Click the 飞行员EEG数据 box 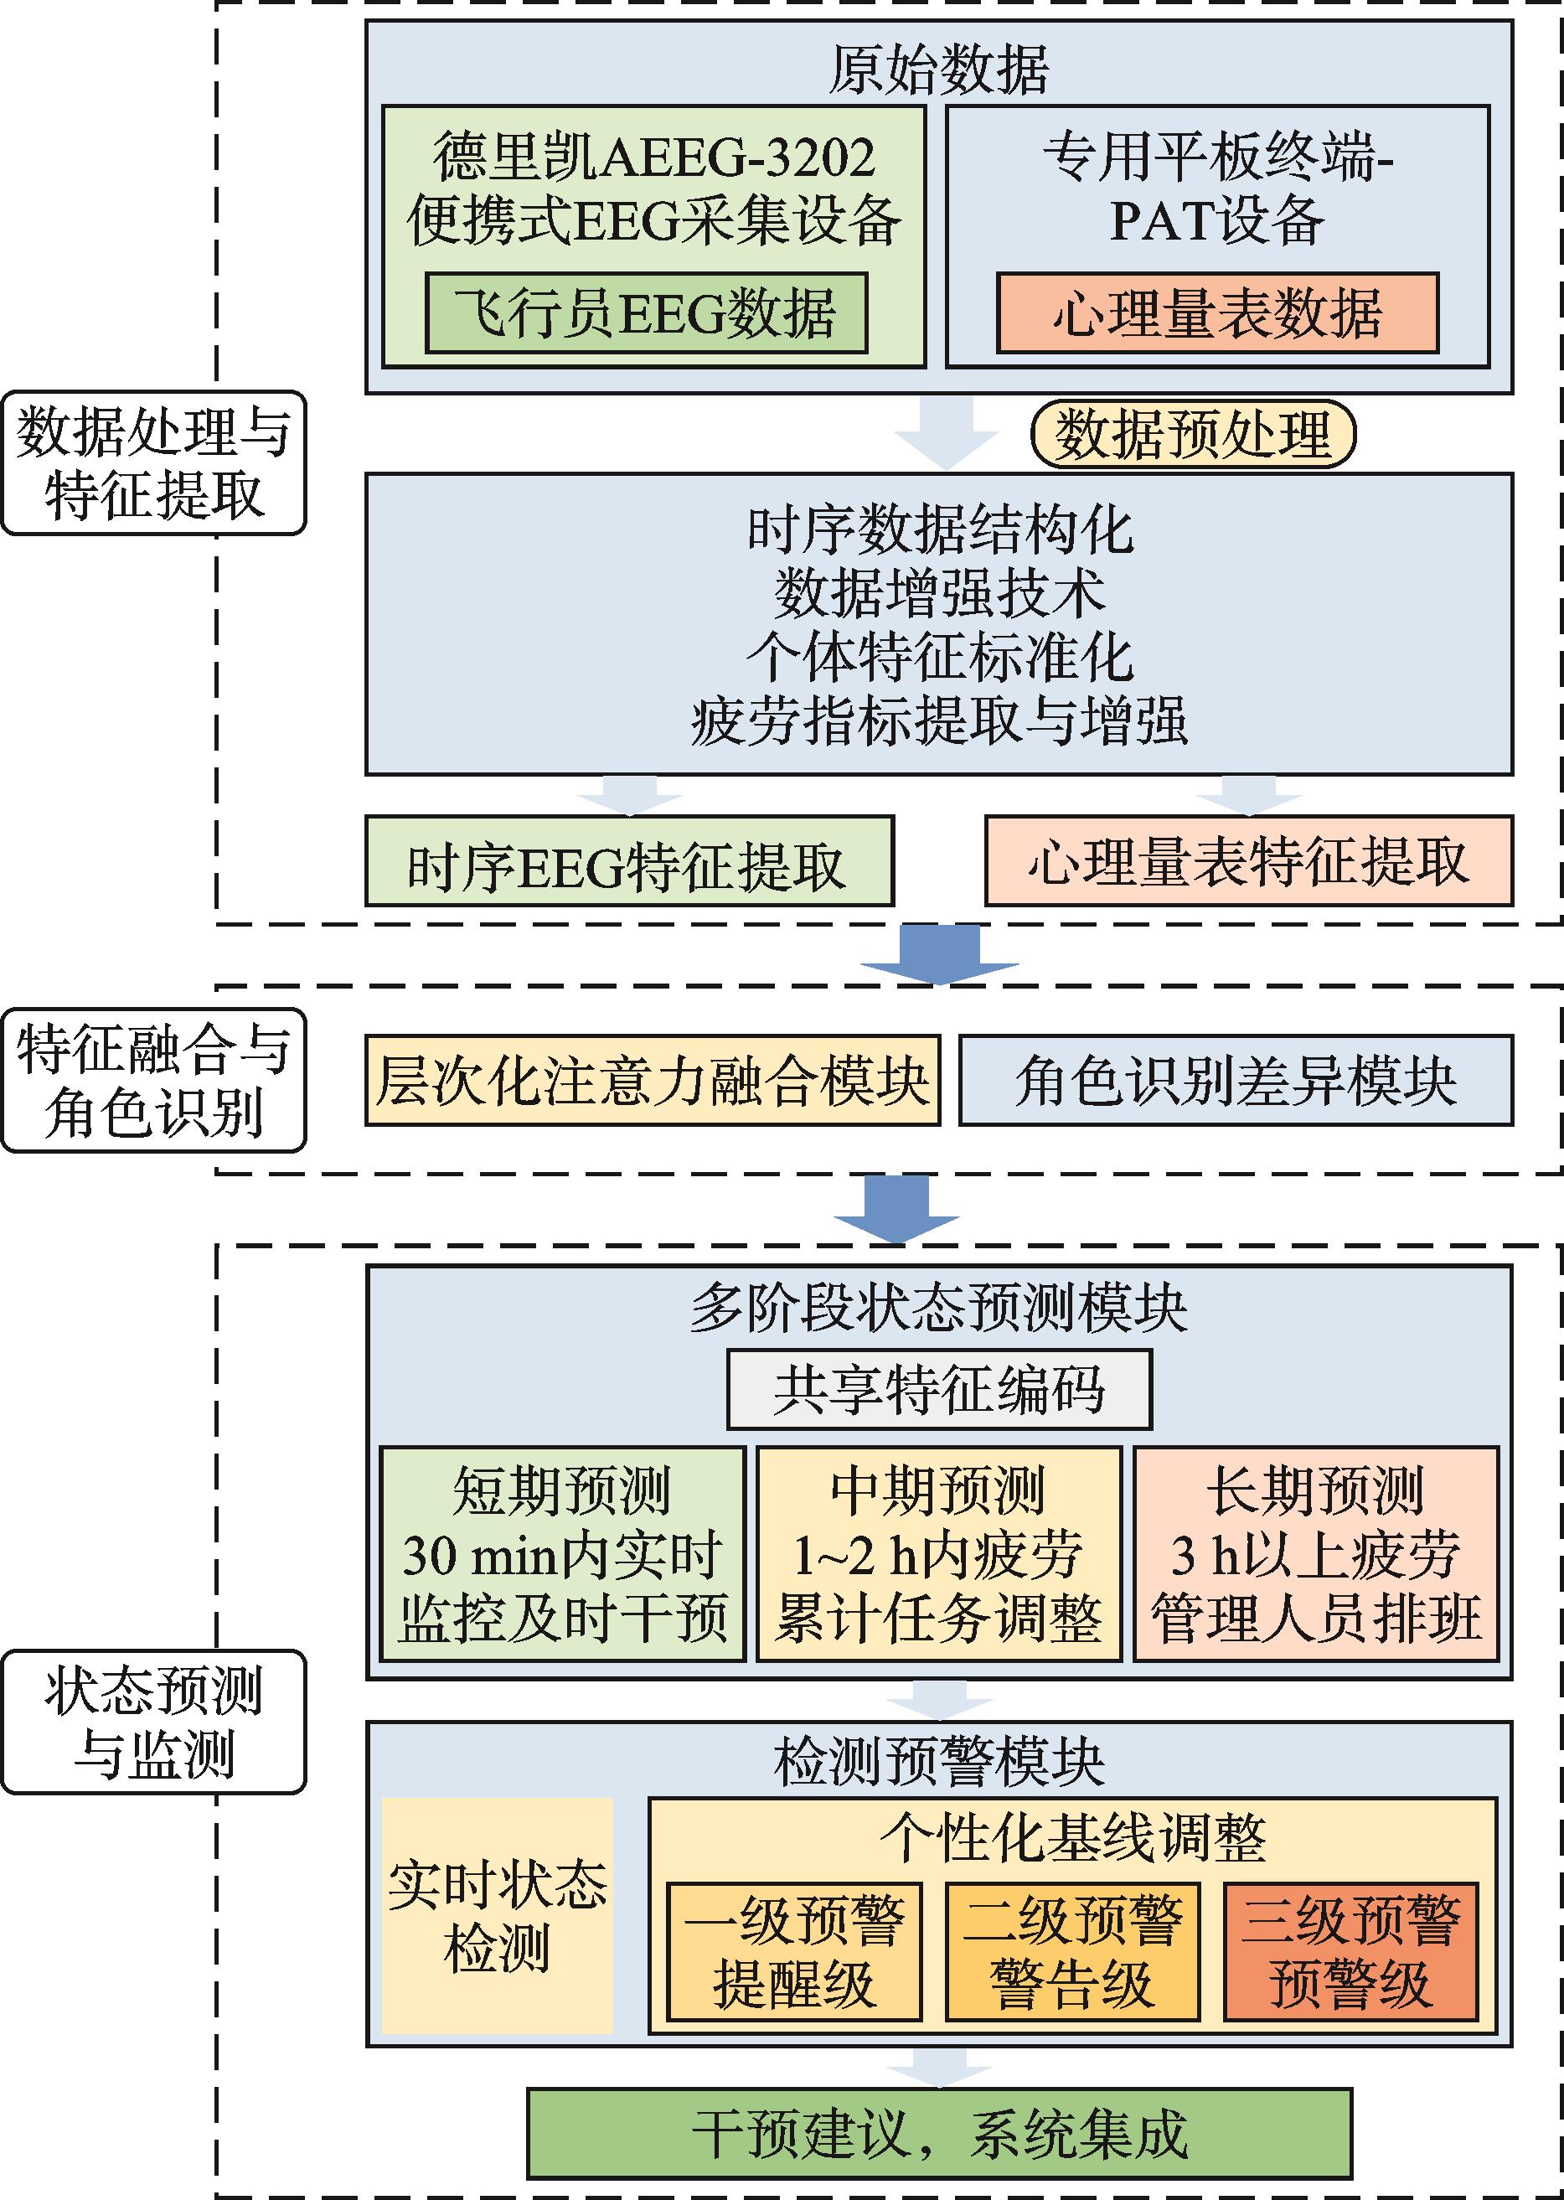coord(645,313)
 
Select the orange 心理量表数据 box coord(1216,313)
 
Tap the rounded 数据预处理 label coord(1192,433)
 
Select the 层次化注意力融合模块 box coord(652,1081)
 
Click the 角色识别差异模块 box coord(1236,1081)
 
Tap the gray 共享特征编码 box coord(938,1389)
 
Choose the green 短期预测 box coord(562,1554)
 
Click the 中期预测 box coord(939,1554)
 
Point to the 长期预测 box coord(1315,1554)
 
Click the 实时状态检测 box coord(497,1916)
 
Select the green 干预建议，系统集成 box coord(939,2134)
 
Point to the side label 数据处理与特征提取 coord(153,463)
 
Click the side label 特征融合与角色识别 coord(153,1081)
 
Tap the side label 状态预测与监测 coord(153,1722)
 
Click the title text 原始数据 coord(938,70)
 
